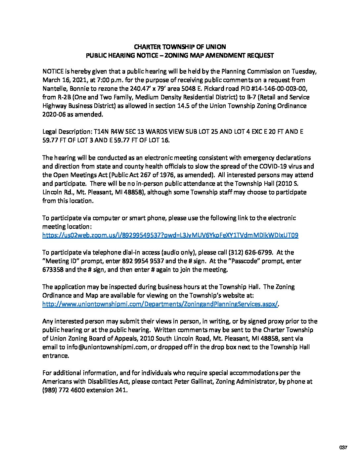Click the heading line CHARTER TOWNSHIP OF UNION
pos(180,47)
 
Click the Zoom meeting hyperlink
pos(170,235)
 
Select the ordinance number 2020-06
pos(54,115)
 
